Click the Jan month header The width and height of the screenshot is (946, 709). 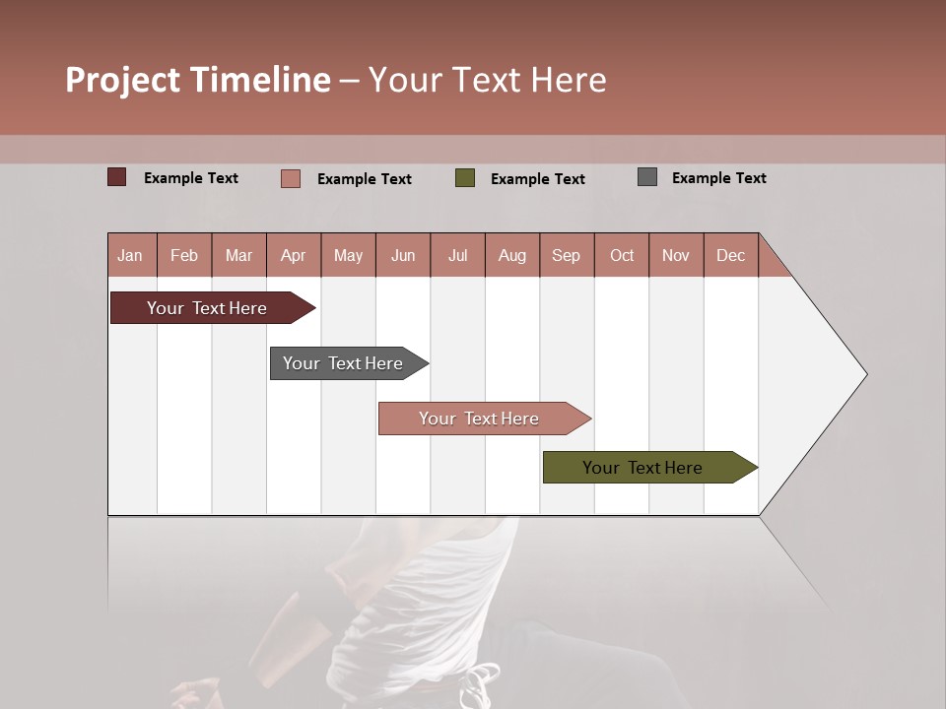tap(131, 255)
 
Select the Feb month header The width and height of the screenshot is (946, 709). tap(184, 255)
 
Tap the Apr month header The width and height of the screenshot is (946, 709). tap(293, 255)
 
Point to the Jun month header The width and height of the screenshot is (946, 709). tap(403, 255)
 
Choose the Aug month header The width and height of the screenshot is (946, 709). tap(511, 255)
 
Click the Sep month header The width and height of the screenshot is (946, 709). tap(566, 255)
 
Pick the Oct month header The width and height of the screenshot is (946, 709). tap(622, 255)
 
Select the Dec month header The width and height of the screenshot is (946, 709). tap(730, 255)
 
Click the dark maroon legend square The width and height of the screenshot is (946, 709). tap(117, 177)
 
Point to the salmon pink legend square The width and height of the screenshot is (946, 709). tap(291, 178)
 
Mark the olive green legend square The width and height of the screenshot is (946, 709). tap(465, 178)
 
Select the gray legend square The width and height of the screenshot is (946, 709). tap(647, 177)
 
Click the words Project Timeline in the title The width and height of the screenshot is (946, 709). tap(198, 80)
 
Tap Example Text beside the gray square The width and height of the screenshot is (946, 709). tap(718, 178)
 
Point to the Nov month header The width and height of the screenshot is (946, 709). tap(676, 255)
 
